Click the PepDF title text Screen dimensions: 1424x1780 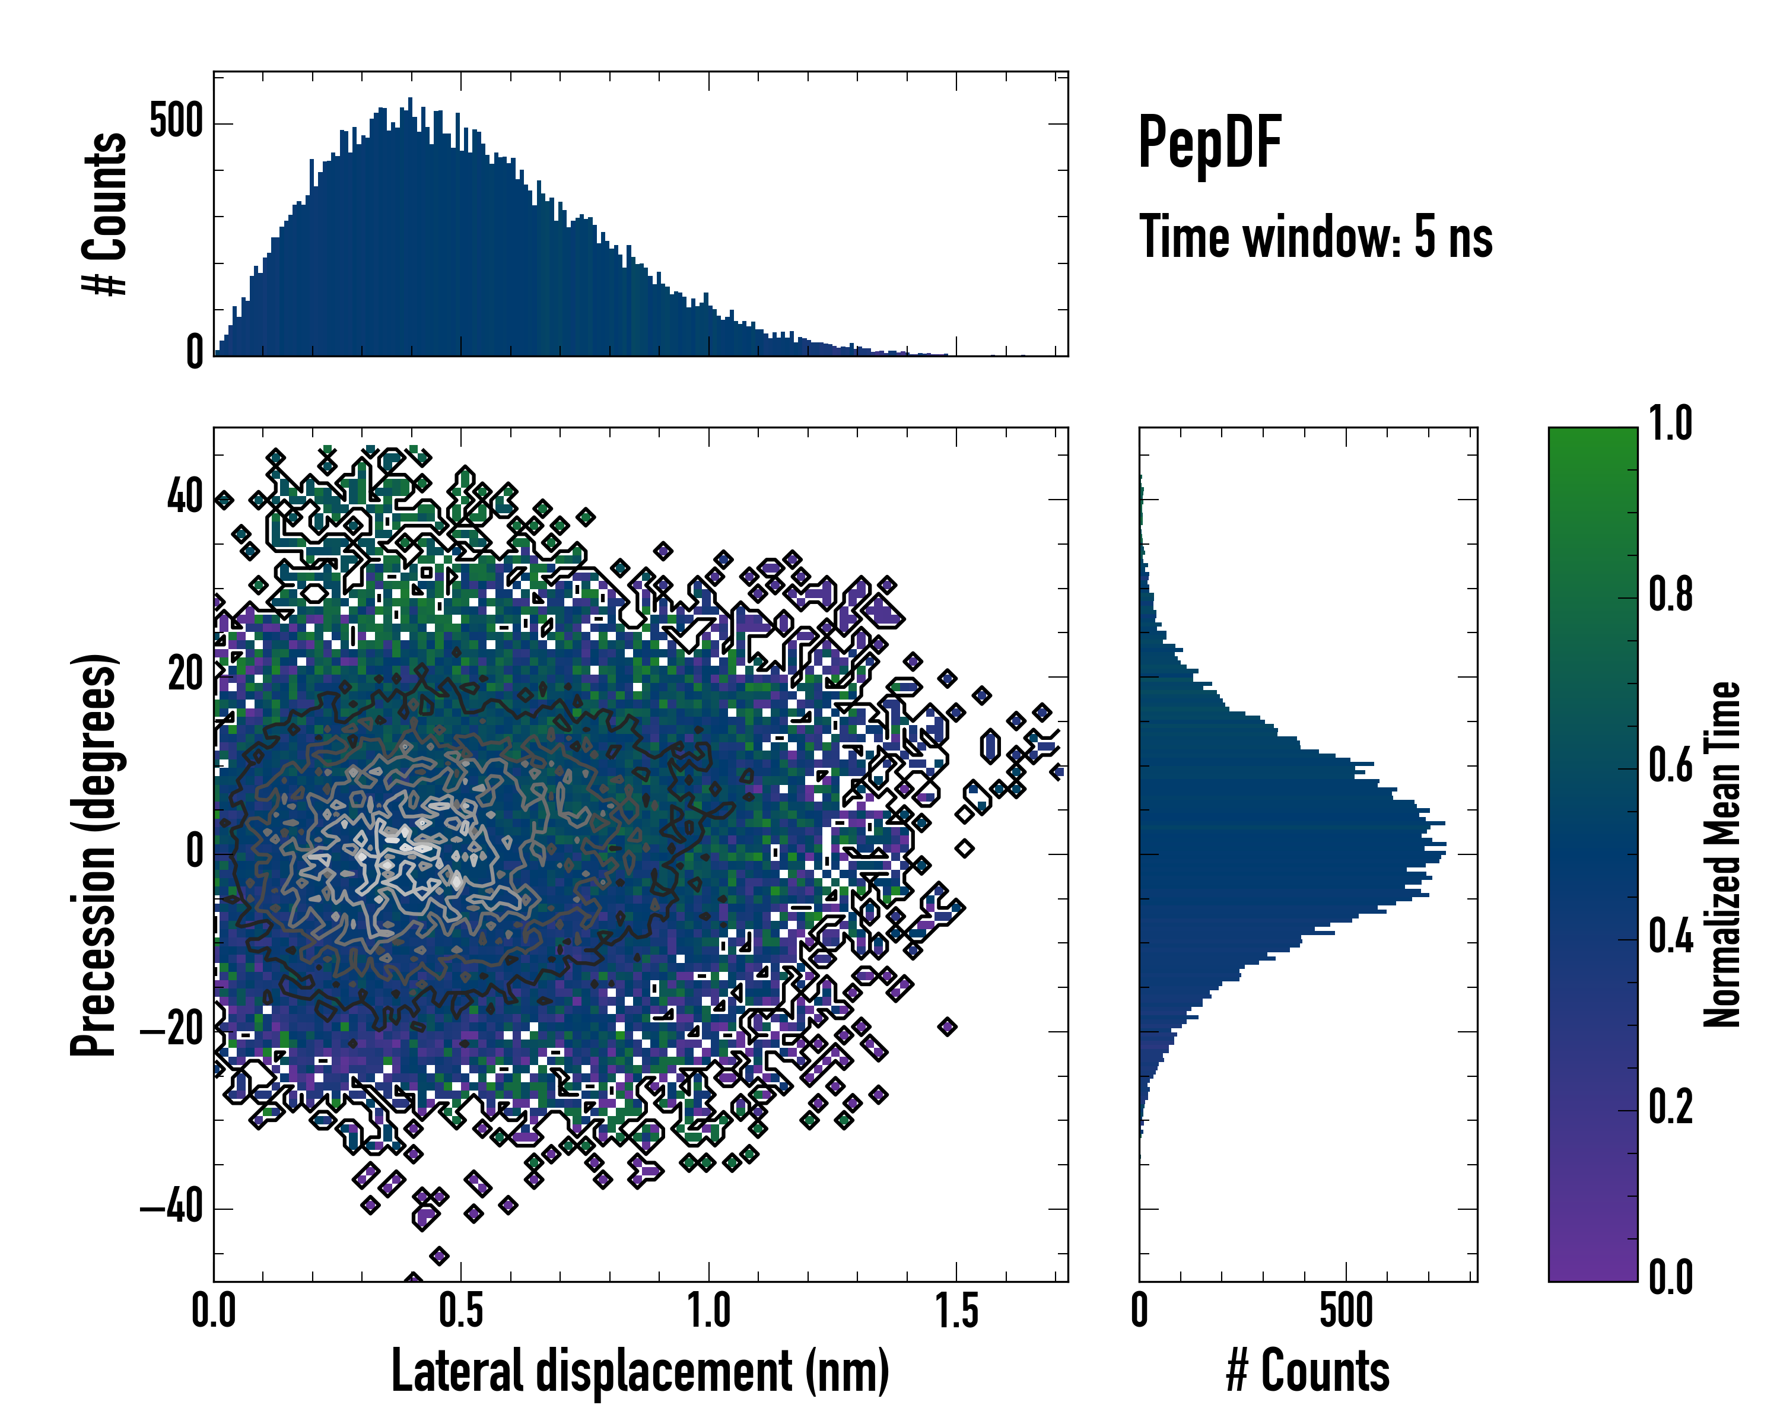1209,143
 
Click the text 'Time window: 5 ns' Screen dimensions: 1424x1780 1316,237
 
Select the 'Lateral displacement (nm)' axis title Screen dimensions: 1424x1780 640,1371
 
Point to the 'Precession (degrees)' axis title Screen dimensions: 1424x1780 93,855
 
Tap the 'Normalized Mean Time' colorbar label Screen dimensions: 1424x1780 1722,854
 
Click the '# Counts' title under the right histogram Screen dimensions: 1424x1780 1308,1371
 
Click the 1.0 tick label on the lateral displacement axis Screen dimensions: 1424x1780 708,1312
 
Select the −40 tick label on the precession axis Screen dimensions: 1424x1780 171,1207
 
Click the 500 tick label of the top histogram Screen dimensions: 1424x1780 176,122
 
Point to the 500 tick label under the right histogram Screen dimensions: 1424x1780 1346,1312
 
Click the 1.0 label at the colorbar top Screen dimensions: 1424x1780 1670,424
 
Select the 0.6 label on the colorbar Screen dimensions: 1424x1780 1670,765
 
